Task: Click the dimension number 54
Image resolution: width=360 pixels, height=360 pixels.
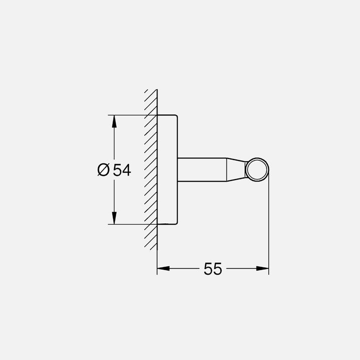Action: point(121,170)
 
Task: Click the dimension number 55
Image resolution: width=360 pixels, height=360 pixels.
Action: point(212,269)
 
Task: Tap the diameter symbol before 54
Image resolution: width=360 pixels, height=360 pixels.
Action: point(103,170)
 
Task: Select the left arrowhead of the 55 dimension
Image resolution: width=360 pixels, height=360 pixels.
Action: point(163,268)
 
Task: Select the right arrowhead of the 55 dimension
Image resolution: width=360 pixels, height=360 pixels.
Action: point(262,268)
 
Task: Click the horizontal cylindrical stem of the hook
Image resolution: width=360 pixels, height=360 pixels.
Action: point(202,170)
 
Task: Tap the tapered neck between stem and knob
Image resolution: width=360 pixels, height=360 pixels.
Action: point(236,170)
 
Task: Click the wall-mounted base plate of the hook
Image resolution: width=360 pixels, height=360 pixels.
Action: point(167,170)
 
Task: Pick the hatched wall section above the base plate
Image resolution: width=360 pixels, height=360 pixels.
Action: point(151,102)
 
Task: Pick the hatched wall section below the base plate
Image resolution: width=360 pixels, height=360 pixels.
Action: point(151,237)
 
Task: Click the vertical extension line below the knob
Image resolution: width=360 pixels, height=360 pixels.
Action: point(268,225)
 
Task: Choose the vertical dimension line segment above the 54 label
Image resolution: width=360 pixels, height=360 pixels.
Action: point(114,145)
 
